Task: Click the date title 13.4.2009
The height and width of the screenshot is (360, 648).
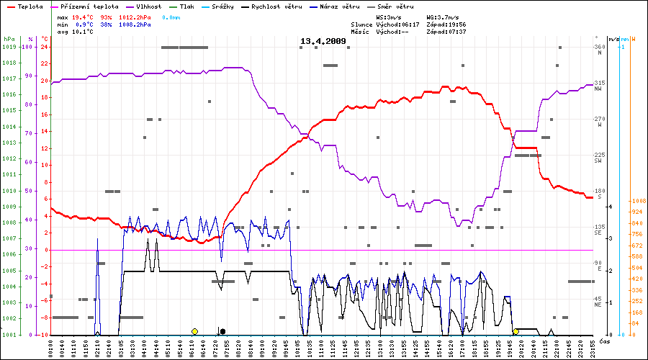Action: coord(323,42)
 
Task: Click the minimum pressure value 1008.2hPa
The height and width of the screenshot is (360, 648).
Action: coord(135,24)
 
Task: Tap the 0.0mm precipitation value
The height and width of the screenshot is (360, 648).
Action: coord(171,16)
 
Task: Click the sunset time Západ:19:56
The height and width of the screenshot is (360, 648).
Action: coord(446,24)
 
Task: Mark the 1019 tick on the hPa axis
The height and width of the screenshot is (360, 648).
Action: coord(9,47)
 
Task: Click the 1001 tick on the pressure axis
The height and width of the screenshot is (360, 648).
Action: coord(9,335)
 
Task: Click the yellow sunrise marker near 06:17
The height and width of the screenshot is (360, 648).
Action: coord(194,331)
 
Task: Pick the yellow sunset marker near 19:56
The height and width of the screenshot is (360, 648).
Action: coord(516,331)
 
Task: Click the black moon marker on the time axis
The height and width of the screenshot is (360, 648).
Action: coord(222,331)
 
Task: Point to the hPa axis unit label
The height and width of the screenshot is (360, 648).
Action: coord(9,38)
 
